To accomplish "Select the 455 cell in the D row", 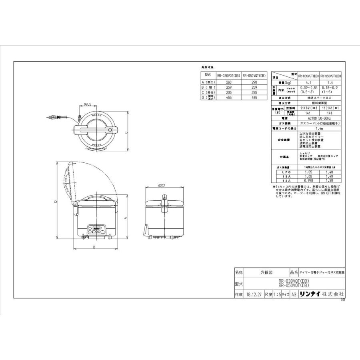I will (x=229, y=97).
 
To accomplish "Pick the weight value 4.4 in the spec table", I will (x=331, y=82).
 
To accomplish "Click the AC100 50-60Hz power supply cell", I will (x=320, y=119).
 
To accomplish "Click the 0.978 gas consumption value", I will (x=309, y=180).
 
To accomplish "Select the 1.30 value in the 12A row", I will (x=331, y=180).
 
